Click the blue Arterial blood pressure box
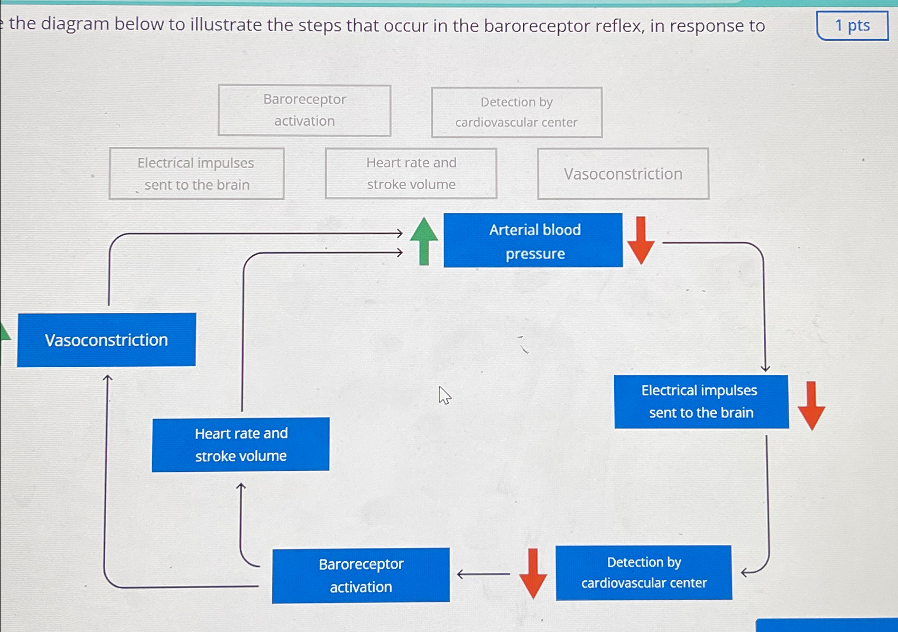(533, 240)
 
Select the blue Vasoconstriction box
(106, 340)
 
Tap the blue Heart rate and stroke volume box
(240, 444)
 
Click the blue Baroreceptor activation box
(361, 575)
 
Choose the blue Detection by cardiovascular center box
(643, 572)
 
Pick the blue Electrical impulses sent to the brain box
(701, 402)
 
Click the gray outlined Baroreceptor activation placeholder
(304, 110)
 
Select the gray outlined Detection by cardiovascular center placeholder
(516, 112)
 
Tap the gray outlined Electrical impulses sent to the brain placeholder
(196, 173)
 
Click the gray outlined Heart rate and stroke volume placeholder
(411, 173)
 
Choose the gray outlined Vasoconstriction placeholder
(623, 173)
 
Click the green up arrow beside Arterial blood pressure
(424, 240)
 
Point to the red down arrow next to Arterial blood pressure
(641, 240)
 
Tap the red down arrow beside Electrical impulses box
(811, 405)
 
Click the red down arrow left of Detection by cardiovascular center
(533, 573)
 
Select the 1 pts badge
(852, 25)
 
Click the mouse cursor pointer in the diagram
(444, 394)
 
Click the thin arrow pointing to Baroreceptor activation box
(482, 574)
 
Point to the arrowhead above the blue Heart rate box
(241, 486)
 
